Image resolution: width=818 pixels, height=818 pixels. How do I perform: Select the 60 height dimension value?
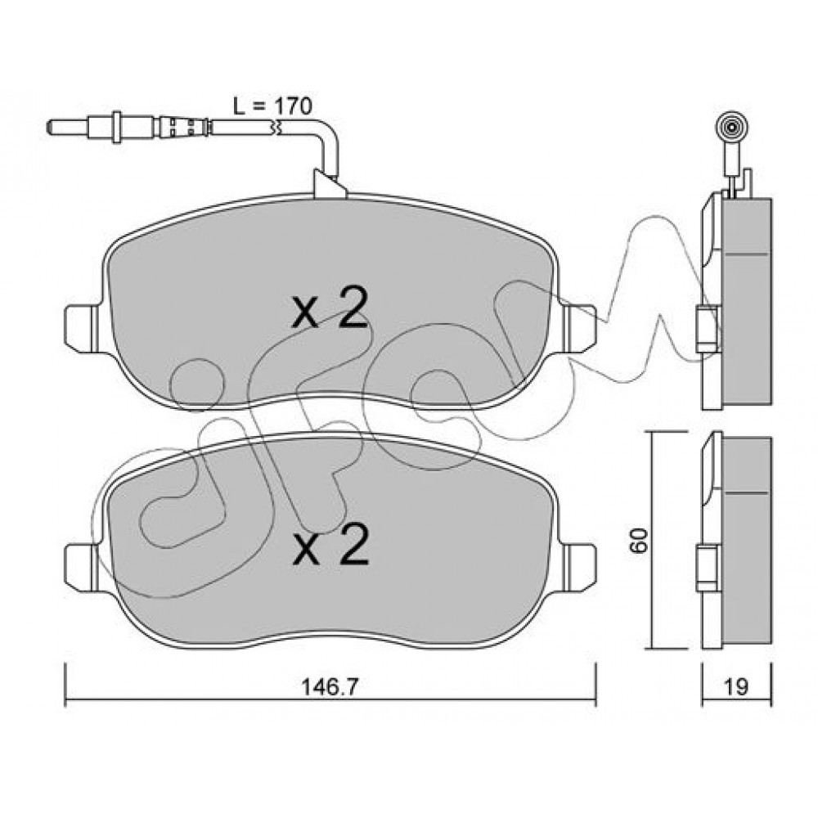point(639,541)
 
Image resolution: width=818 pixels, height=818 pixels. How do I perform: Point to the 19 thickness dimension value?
point(735,687)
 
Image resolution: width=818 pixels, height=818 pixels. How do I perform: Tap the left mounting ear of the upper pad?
point(82,328)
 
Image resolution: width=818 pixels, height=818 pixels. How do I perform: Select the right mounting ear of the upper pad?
point(580,328)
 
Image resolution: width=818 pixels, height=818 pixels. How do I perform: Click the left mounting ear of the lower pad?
point(82,567)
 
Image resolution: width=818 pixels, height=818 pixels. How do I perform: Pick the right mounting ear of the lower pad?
point(580,567)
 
